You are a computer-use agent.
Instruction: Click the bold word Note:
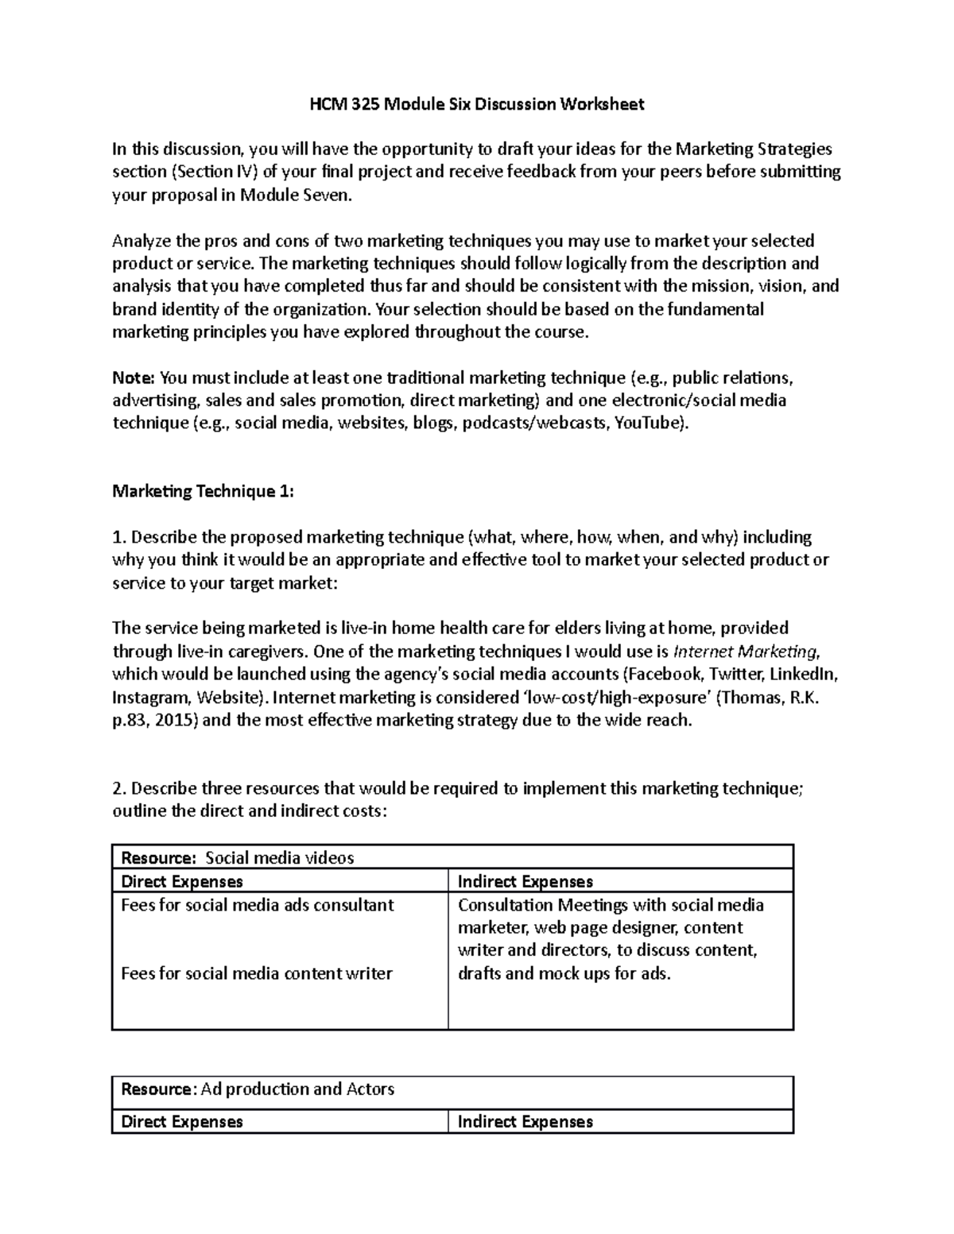point(134,377)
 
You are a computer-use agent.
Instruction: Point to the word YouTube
point(650,423)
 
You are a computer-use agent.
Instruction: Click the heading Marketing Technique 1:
point(204,491)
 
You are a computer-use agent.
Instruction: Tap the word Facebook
point(664,675)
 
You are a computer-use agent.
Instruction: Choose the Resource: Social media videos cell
point(237,857)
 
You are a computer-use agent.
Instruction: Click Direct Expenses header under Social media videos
point(182,881)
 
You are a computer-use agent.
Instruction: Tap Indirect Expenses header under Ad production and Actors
point(525,1121)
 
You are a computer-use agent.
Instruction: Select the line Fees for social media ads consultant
point(257,905)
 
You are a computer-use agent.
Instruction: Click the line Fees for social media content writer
point(256,973)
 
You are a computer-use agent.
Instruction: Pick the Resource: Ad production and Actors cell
point(258,1089)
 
